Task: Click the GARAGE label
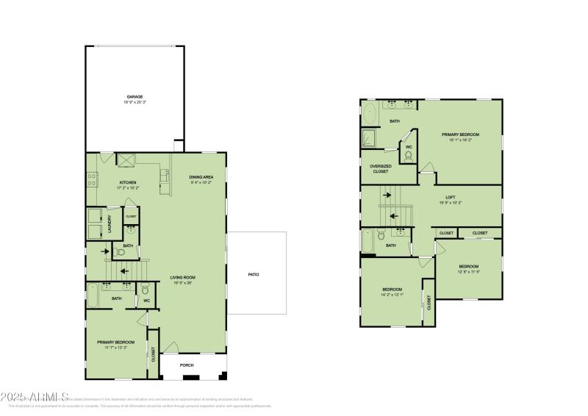click(134, 96)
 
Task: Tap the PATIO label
click(253, 274)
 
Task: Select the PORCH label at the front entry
click(187, 365)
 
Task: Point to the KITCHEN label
click(128, 182)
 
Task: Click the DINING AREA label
click(201, 177)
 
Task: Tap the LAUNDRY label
click(110, 222)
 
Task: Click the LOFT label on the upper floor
click(451, 196)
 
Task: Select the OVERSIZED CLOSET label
click(380, 168)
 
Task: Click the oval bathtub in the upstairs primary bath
click(370, 115)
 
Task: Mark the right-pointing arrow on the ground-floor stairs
click(107, 252)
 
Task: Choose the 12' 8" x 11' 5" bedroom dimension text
click(469, 271)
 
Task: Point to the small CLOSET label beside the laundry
click(131, 216)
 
